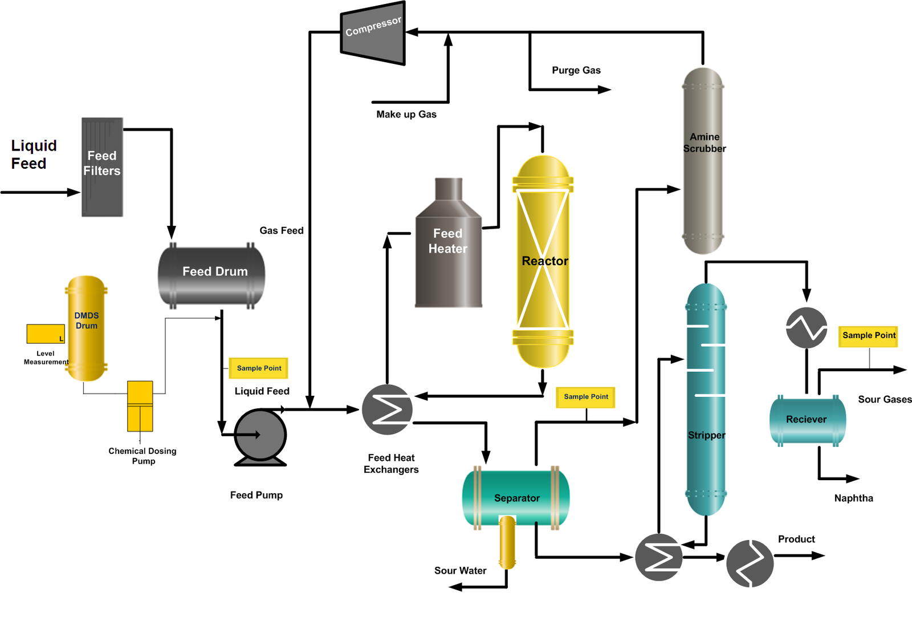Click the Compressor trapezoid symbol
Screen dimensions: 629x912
[x=373, y=33]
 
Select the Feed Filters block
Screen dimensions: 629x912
[x=102, y=167]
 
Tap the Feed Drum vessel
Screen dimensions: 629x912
[x=211, y=275]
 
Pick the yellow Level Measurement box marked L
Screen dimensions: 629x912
[x=46, y=334]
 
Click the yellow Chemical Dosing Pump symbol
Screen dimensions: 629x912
[x=140, y=406]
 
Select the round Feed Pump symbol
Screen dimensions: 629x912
[x=260, y=435]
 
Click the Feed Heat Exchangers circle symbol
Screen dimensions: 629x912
[x=387, y=409]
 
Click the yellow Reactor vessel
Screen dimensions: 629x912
[x=543, y=261]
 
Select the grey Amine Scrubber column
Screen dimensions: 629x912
[x=703, y=161]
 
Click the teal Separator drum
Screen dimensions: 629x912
[x=516, y=497]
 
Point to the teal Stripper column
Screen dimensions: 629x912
[x=706, y=399]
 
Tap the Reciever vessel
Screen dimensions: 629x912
[x=807, y=420]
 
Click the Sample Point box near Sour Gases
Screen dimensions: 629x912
[x=869, y=336]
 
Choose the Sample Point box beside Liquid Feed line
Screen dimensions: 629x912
[x=259, y=368]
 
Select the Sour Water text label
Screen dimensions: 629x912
[x=460, y=571]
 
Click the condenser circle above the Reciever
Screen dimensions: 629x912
[x=807, y=328]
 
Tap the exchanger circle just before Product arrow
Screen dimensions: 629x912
[x=750, y=563]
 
